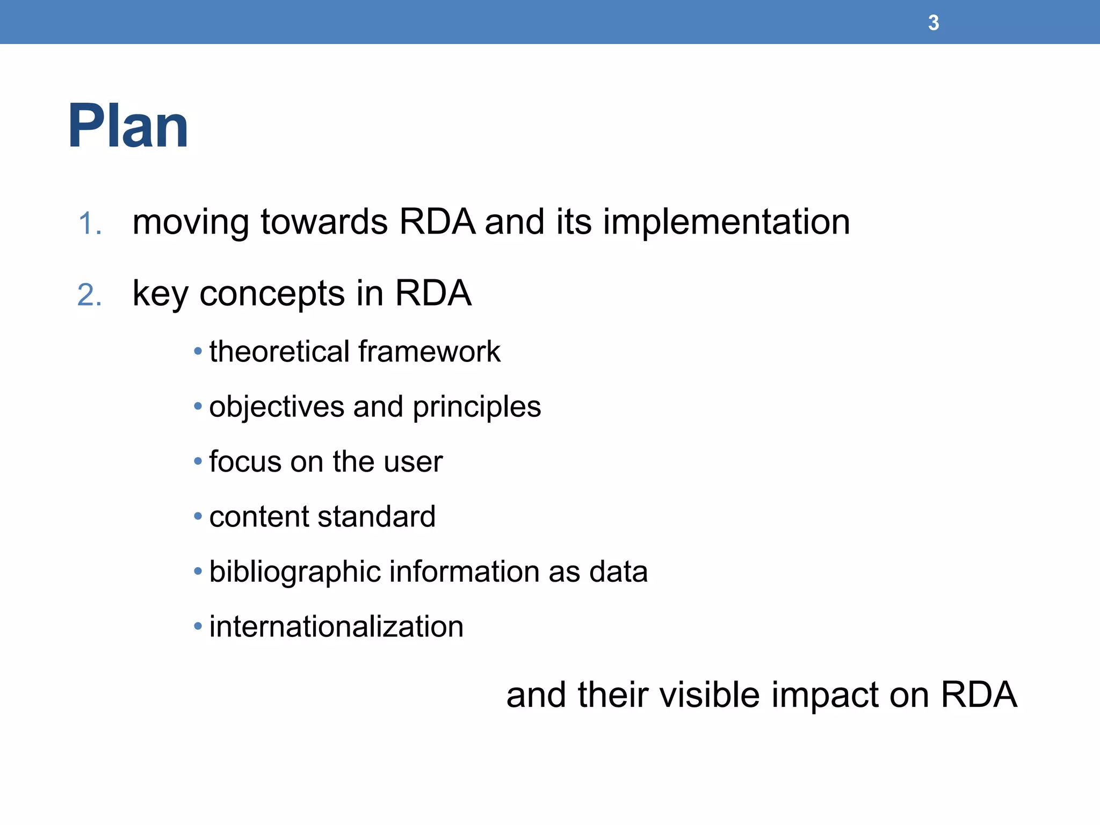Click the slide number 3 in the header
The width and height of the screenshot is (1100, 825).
[933, 23]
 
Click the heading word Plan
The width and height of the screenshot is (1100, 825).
[128, 126]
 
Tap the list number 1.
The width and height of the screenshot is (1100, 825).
[90, 223]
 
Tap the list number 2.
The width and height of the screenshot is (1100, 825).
[90, 295]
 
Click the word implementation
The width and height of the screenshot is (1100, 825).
[726, 222]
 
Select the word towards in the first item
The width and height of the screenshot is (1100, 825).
[324, 222]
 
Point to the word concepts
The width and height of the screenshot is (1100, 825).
[272, 294]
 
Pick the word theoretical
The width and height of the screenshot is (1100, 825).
[279, 352]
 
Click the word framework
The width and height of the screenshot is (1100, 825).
[429, 352]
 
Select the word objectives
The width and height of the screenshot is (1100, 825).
[277, 407]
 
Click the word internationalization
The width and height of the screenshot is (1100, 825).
[336, 627]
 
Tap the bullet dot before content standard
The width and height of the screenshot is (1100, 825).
[198, 517]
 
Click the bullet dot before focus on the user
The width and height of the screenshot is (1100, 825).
[198, 461]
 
